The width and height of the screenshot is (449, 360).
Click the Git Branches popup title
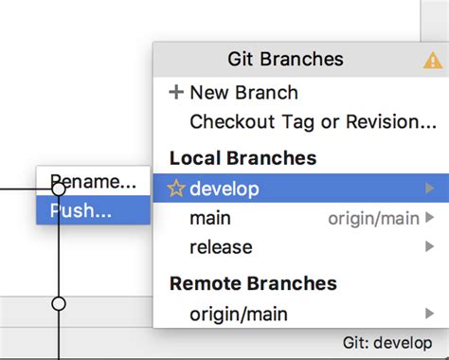point(285,60)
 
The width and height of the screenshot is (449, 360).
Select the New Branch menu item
point(243,93)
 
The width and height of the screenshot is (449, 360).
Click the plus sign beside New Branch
point(175,93)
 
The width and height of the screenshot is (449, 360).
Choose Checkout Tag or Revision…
point(313,122)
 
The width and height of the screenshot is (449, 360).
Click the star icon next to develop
point(176,189)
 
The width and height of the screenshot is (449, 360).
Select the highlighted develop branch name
point(224,189)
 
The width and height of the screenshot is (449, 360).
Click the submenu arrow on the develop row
point(431,189)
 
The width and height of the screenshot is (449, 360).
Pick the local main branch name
point(210,218)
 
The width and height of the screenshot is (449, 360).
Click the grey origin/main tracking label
point(373,219)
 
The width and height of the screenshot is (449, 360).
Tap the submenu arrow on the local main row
point(431,218)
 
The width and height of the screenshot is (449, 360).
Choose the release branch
point(221,247)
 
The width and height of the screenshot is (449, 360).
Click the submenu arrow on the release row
point(431,247)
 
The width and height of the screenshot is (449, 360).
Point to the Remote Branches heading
point(252,283)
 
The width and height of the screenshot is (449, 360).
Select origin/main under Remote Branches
point(238,314)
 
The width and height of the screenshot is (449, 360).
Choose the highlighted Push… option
point(81,210)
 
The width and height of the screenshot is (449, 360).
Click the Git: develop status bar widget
point(386,342)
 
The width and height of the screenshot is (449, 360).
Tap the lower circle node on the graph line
point(59,303)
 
